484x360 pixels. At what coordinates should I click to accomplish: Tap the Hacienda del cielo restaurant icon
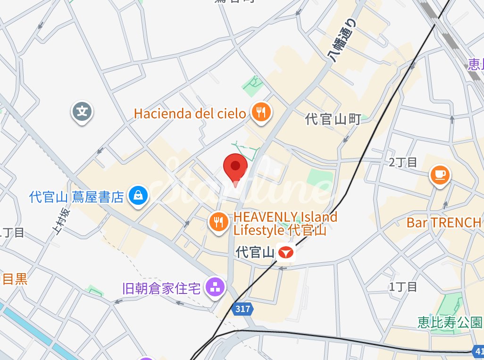pos(260,112)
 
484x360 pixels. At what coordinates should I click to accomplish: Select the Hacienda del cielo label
pos(190,113)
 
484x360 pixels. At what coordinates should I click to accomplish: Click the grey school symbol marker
pos(83,112)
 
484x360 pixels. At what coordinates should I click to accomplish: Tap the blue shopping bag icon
pos(139,194)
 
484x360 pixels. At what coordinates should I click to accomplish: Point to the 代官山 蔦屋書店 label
pos(76,196)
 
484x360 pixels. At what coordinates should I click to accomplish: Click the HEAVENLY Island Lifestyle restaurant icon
pos(218,221)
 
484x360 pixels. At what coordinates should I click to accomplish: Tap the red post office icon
pos(285,253)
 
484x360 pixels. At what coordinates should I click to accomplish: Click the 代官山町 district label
pos(333,119)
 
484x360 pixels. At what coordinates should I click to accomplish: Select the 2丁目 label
pos(403,163)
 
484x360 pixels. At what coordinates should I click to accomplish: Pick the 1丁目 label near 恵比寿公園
pos(403,286)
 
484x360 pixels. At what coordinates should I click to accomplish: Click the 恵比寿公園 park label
pos(450,322)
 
